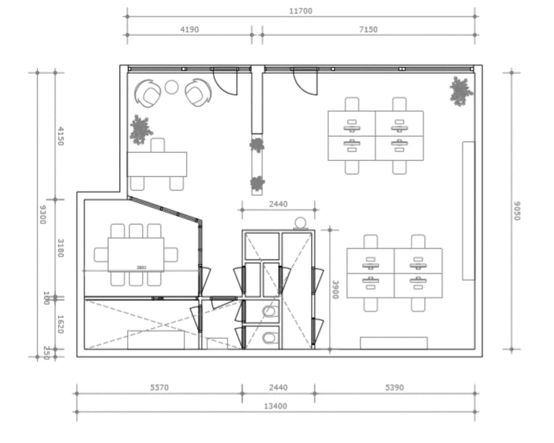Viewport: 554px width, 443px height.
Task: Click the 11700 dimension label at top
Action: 300,11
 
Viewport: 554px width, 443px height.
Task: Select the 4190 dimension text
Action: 189,30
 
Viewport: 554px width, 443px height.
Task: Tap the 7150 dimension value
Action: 368,30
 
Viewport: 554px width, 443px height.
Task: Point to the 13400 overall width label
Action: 275,406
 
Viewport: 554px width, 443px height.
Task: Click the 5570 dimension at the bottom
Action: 159,388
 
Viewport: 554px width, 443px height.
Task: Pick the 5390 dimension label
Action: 394,388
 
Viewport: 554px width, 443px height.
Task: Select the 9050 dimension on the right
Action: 517,211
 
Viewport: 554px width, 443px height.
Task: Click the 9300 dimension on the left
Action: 42,214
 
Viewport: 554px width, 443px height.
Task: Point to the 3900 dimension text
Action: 335,290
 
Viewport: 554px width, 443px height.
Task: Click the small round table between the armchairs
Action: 171,87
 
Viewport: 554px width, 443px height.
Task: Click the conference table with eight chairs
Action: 136,255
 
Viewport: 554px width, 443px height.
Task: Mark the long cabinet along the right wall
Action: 468,211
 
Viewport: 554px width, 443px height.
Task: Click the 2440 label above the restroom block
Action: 278,204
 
